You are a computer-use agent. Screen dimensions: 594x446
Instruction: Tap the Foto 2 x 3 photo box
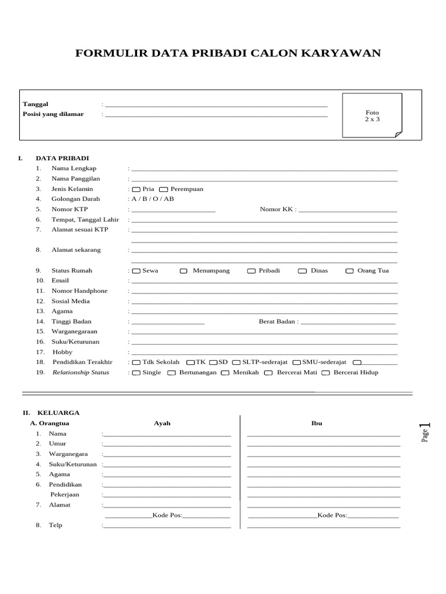point(372,115)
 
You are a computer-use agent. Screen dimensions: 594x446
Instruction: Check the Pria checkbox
point(136,190)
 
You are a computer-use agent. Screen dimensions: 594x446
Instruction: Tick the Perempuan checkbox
point(164,190)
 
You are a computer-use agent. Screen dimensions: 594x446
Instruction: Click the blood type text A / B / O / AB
point(152,199)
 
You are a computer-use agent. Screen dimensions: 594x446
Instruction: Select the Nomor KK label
point(277,209)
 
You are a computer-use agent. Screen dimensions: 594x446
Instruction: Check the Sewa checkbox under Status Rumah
point(136,271)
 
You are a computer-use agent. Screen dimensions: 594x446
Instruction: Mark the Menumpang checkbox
point(184,271)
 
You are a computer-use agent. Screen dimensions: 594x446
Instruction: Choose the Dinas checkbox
point(302,271)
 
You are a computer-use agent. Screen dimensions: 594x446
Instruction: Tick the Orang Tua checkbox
point(350,271)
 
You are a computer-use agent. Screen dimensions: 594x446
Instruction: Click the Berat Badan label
point(278,321)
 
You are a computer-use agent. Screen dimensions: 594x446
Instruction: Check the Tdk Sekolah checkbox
point(136,363)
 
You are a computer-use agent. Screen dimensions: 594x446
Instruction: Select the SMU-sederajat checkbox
point(297,363)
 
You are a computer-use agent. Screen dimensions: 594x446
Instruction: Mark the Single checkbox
point(136,373)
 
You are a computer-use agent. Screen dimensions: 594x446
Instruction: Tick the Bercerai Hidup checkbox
point(326,373)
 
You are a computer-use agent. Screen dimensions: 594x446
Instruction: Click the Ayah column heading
point(162,423)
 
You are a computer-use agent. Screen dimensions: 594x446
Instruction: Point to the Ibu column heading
point(316,423)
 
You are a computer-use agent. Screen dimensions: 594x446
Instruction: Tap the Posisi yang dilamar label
point(53,114)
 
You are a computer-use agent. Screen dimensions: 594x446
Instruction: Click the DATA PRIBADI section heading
point(62,158)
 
